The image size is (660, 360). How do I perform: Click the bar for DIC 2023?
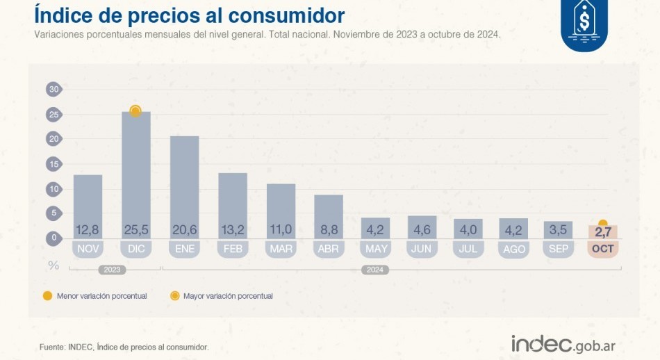(135, 174)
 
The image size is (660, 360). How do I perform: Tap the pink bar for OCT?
(602, 231)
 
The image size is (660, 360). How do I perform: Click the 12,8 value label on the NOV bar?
(88, 230)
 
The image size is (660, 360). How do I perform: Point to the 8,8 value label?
(329, 230)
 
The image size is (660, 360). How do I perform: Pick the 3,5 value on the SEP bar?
(559, 230)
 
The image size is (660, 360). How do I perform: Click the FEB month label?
(232, 248)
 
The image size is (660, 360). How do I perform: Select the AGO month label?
(513, 248)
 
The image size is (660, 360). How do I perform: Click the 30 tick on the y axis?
(53, 89)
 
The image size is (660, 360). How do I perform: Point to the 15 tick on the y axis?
(53, 164)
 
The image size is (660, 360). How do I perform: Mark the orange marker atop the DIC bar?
(135, 111)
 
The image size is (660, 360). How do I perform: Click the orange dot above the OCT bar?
(602, 223)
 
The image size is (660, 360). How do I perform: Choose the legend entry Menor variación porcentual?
(94, 296)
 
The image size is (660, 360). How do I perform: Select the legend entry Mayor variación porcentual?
(222, 296)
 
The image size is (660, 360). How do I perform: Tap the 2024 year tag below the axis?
(374, 269)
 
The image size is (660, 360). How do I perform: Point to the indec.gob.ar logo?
(563, 343)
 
